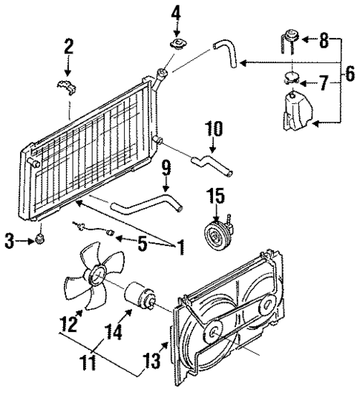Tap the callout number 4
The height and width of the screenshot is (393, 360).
pyautogui.click(x=176, y=13)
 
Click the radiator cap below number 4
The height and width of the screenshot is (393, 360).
pyautogui.click(x=179, y=47)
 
